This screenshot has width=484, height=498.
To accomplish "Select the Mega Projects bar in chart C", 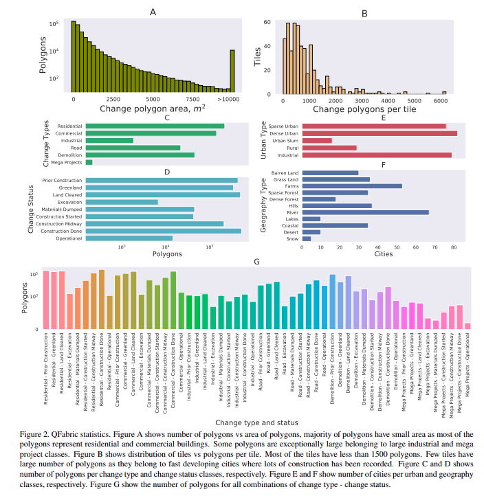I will tap(89, 162).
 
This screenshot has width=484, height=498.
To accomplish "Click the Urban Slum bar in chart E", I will tap(317, 141).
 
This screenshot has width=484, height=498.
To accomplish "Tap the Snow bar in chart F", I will tap(307, 239).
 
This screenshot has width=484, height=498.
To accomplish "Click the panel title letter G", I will tap(256, 262).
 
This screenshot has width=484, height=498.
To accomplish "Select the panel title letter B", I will tap(365, 12).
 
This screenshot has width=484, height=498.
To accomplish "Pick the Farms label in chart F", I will tap(291, 185).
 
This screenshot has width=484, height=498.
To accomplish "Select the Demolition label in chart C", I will tap(69, 155).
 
